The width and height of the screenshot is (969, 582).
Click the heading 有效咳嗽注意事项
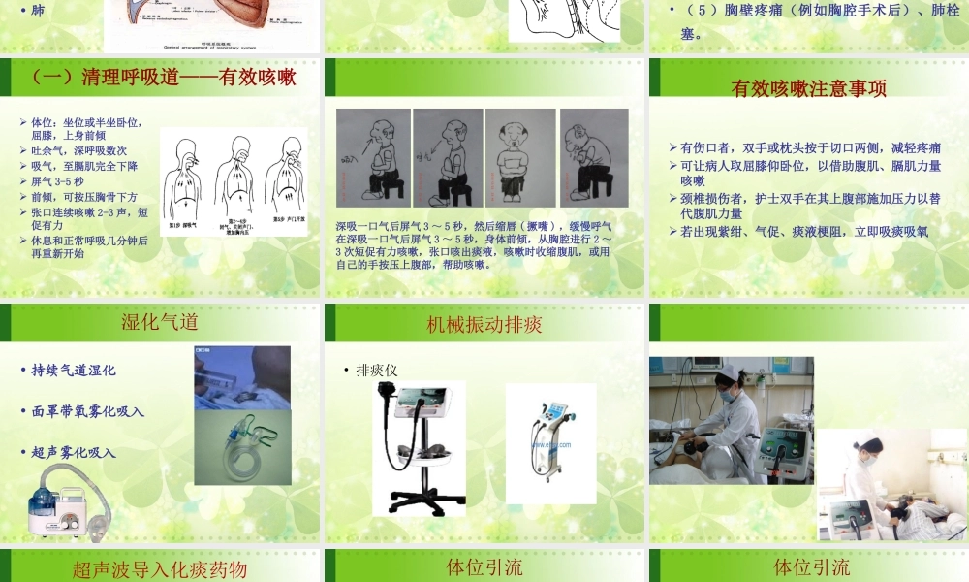click(x=808, y=88)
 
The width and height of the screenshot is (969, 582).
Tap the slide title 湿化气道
click(x=160, y=323)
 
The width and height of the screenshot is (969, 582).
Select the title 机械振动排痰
click(x=484, y=324)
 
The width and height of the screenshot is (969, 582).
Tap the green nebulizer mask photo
click(x=242, y=446)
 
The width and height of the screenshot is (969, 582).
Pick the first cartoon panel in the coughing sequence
click(x=373, y=157)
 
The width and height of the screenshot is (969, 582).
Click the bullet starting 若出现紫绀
click(x=803, y=232)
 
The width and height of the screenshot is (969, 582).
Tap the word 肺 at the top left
click(x=38, y=11)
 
